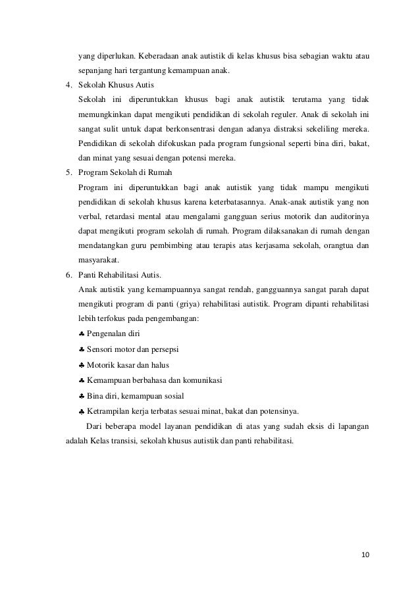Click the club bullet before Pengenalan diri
(x=81, y=334)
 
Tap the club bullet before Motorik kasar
(x=81, y=365)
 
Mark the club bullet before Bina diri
(x=81, y=396)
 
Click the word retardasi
(x=122, y=216)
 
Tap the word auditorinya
(x=345, y=216)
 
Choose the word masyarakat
(x=98, y=260)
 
